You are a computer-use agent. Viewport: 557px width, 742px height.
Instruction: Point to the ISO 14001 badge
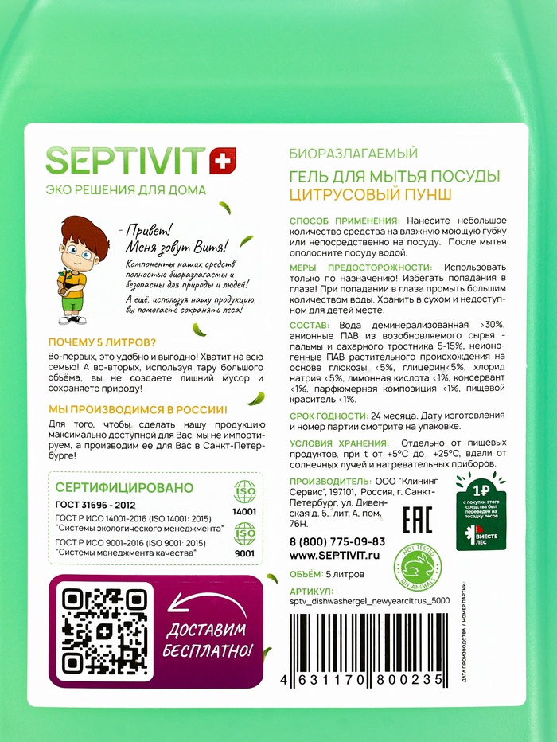click(x=244, y=500)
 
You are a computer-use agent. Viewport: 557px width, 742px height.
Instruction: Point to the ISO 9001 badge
click(x=244, y=541)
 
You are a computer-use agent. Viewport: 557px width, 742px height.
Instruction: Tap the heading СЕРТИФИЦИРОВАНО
click(x=125, y=487)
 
